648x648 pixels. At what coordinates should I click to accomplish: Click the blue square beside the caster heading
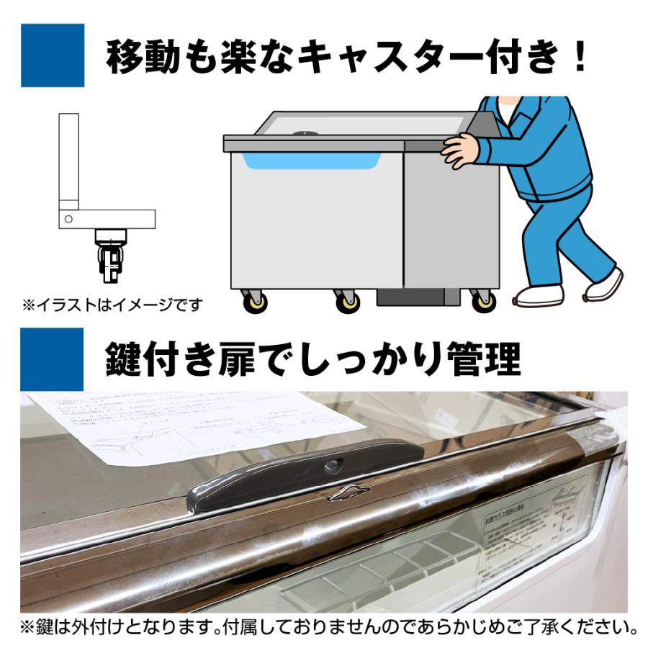(53, 55)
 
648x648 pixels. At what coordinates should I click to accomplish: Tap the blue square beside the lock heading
(53, 358)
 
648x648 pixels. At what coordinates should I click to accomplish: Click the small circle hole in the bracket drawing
(68, 218)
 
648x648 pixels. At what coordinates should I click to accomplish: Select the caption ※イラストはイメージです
(112, 305)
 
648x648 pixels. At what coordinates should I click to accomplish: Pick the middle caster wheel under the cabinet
(348, 302)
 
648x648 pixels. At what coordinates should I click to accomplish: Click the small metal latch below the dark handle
(348, 492)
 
